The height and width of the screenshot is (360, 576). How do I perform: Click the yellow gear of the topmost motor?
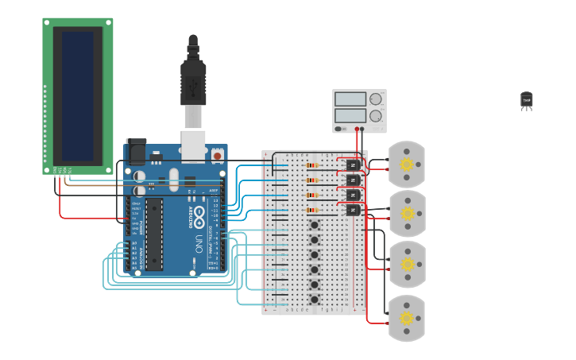tap(407, 165)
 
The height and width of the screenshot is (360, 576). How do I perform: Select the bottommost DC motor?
tap(407, 318)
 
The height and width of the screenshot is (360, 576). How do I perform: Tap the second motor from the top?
tap(407, 213)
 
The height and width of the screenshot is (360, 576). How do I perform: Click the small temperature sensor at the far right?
tap(526, 99)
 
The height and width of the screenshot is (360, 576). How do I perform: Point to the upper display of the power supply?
tap(350, 99)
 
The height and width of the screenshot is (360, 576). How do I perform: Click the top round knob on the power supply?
tap(376, 99)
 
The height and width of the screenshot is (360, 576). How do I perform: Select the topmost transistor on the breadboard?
tap(353, 165)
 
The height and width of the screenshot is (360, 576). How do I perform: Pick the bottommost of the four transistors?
tap(353, 210)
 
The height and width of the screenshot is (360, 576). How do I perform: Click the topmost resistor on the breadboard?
tap(311, 166)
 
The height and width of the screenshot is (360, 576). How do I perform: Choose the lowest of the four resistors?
tap(311, 211)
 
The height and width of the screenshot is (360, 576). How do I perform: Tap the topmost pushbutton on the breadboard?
tap(315, 225)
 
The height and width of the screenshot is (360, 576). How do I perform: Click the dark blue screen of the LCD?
tap(77, 95)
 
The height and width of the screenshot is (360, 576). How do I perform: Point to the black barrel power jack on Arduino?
tap(136, 150)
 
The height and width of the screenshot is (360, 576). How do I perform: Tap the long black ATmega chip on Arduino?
tap(153, 234)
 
